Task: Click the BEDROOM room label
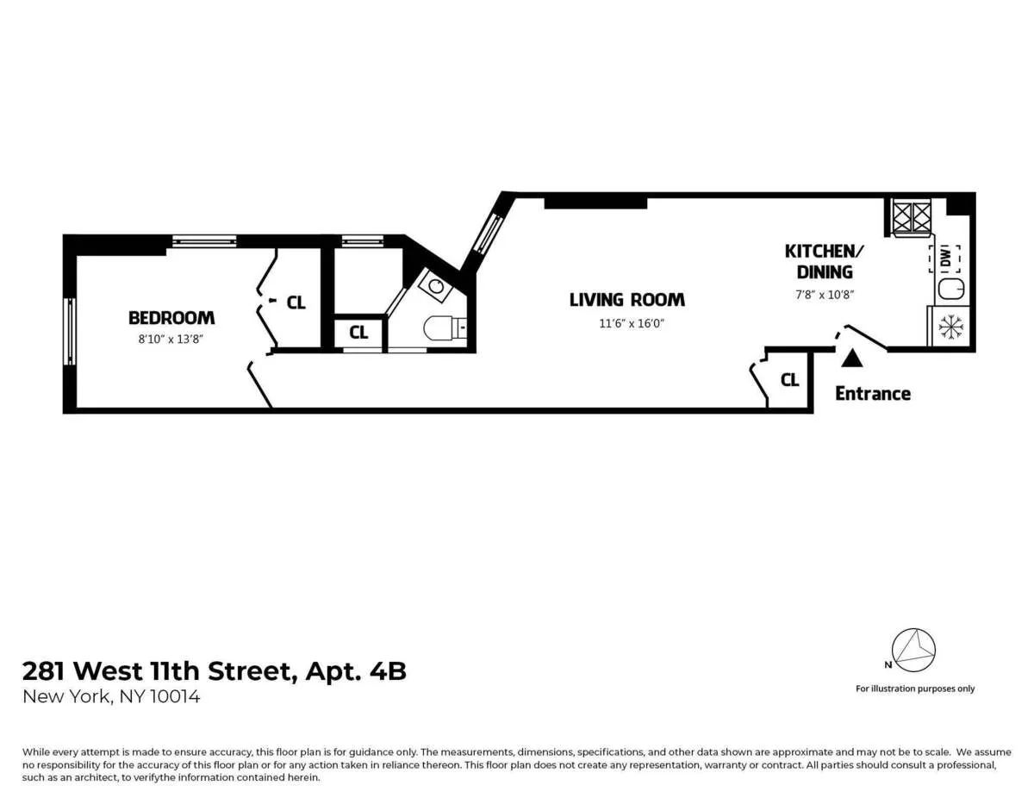click(171, 318)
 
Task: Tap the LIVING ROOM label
click(626, 300)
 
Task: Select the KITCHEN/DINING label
click(823, 261)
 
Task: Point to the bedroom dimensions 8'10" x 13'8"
click(171, 339)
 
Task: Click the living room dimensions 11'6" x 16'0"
click(626, 324)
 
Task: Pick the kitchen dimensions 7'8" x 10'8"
click(823, 295)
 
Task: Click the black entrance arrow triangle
click(850, 358)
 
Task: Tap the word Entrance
click(873, 394)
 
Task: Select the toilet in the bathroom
click(444, 328)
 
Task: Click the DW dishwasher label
click(946, 257)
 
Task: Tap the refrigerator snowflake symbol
click(950, 327)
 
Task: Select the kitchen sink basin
click(951, 290)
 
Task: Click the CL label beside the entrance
click(789, 380)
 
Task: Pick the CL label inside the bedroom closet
click(296, 302)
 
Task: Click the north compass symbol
click(913, 650)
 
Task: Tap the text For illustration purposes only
click(915, 689)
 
